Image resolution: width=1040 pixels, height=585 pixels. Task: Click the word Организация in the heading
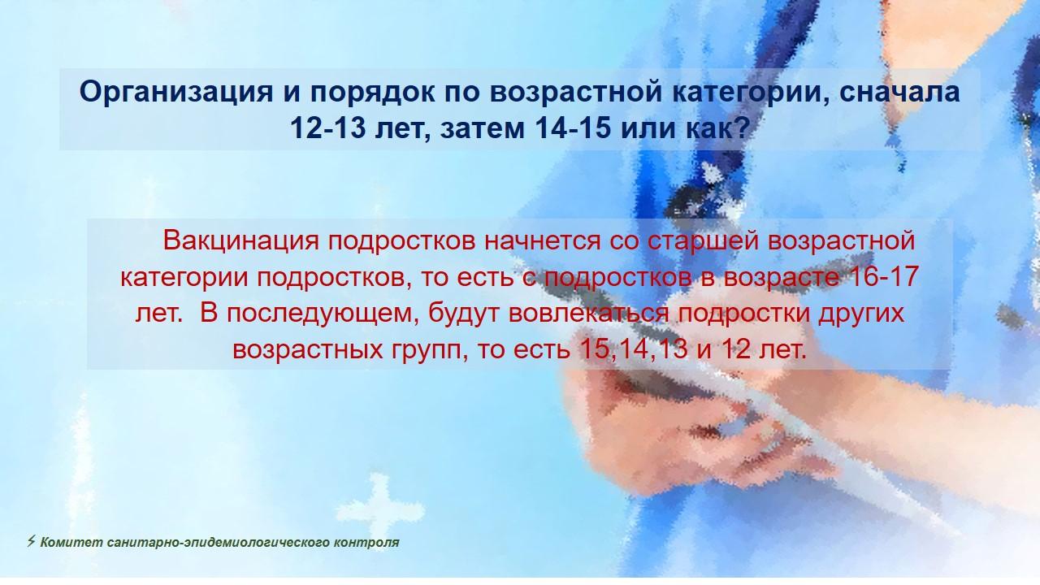click(x=176, y=92)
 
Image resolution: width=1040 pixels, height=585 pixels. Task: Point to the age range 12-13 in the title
click(x=328, y=128)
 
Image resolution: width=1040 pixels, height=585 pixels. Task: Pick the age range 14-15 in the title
click(x=573, y=128)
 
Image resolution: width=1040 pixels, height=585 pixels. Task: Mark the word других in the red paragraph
click(x=861, y=314)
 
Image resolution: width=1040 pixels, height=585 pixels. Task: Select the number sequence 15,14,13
click(x=634, y=349)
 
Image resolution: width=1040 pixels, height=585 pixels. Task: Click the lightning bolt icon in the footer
click(x=31, y=541)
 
